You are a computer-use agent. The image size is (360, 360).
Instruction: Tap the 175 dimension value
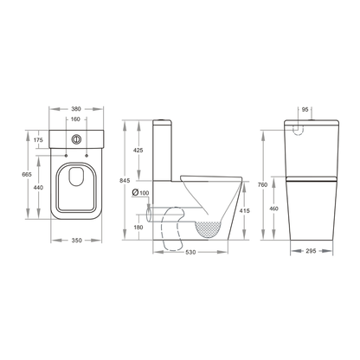pyautogui.click(x=38, y=140)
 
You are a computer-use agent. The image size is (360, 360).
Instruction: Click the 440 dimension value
pyautogui.click(x=38, y=187)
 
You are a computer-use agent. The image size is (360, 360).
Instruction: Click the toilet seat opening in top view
pyautogui.click(x=79, y=187)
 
